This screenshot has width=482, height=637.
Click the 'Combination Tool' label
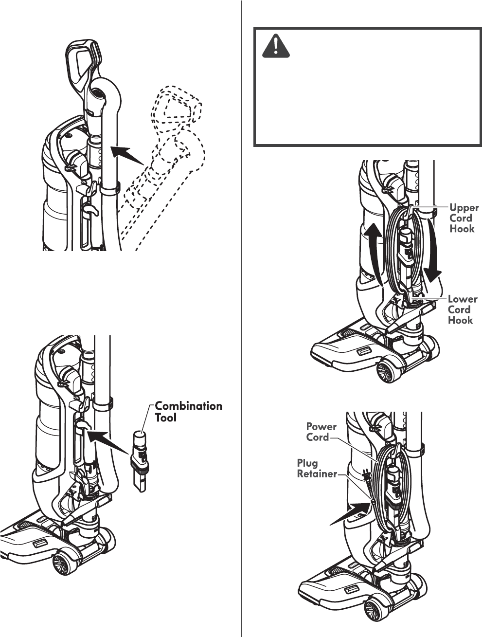click(x=188, y=412)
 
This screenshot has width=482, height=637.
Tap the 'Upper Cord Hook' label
click(x=463, y=218)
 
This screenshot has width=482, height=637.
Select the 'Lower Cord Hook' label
click(x=462, y=309)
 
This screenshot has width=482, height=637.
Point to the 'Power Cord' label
click(x=321, y=432)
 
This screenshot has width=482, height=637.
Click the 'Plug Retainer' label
click(x=317, y=468)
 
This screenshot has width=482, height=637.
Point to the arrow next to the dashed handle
click(x=127, y=156)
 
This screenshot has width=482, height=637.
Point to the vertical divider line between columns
click(x=242, y=316)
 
